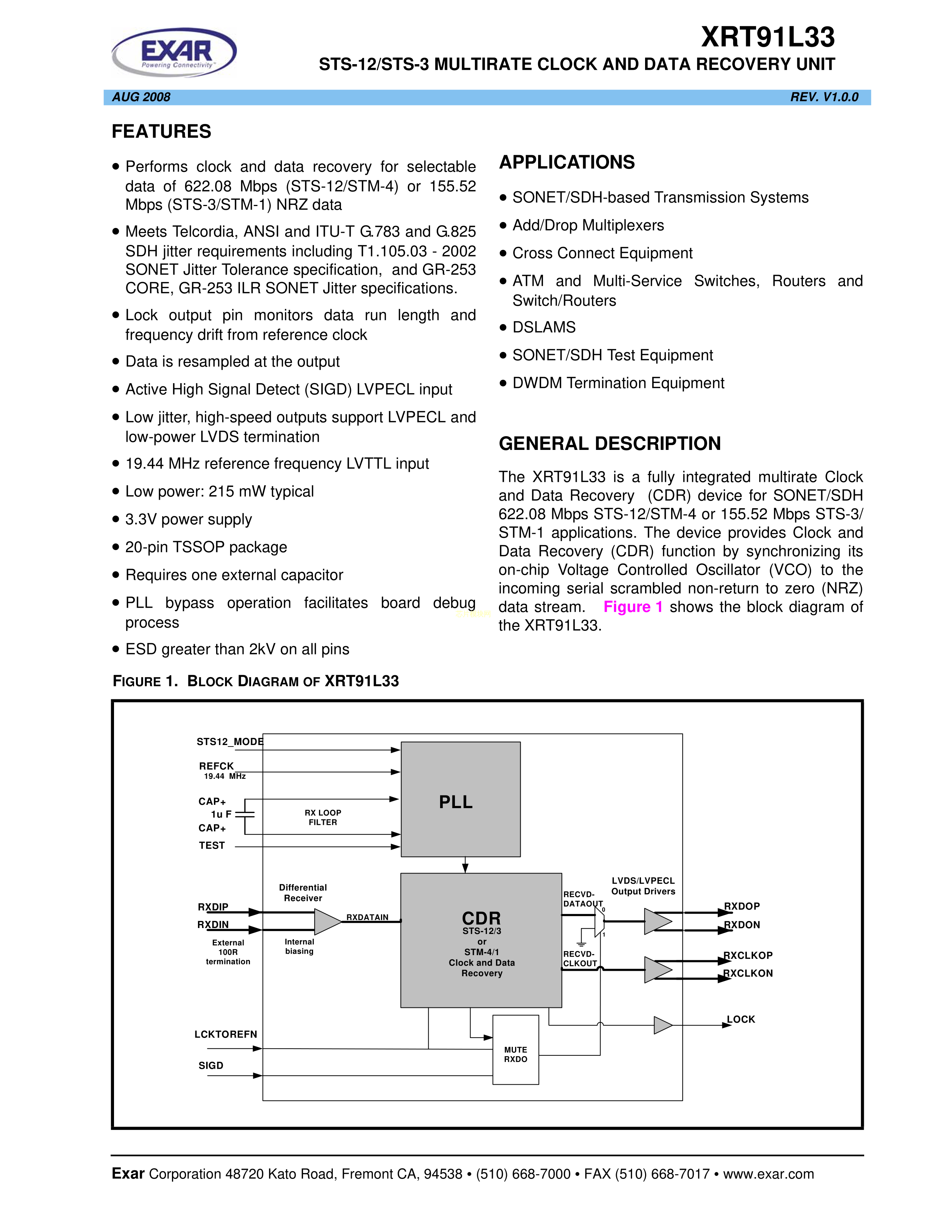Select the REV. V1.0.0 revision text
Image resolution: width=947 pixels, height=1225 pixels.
[824, 97]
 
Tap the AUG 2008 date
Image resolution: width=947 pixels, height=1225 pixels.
[141, 97]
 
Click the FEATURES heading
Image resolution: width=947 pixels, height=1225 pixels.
[162, 132]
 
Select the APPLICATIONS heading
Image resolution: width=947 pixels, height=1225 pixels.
[567, 163]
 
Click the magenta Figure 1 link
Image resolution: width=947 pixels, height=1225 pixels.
[633, 607]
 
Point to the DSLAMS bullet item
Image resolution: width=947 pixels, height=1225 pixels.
[544, 327]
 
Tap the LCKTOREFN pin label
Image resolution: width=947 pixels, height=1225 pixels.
[225, 1034]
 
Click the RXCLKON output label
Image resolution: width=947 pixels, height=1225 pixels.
[748, 974]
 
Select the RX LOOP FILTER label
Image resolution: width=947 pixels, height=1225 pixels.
[323, 817]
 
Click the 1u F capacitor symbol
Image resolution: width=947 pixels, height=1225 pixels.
[245, 814]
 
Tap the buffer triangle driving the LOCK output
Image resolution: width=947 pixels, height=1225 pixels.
[663, 1025]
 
